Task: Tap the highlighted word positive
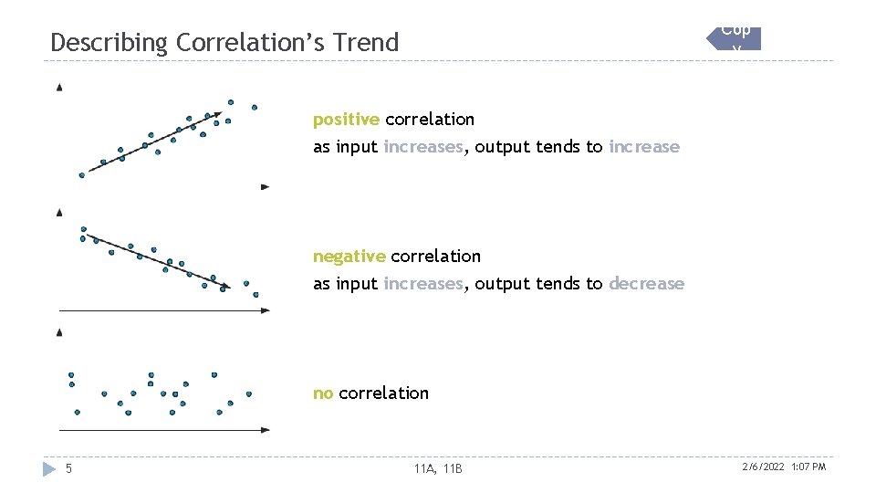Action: [x=346, y=120]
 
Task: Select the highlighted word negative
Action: [x=349, y=257]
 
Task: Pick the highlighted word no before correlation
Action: [x=322, y=393]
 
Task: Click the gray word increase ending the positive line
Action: [x=644, y=147]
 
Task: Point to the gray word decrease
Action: [x=646, y=284]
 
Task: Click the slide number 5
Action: [x=68, y=469]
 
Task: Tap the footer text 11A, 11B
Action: [x=438, y=469]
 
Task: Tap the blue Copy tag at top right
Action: [x=735, y=38]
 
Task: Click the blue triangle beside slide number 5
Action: [x=49, y=469]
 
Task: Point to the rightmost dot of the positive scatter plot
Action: [x=255, y=107]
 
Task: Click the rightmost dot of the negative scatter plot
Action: [x=256, y=295]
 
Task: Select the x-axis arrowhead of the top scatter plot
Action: [x=266, y=186]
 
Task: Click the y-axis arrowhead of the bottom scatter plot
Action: [x=59, y=333]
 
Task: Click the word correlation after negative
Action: [x=435, y=257]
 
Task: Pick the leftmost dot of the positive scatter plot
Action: [x=81, y=175]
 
